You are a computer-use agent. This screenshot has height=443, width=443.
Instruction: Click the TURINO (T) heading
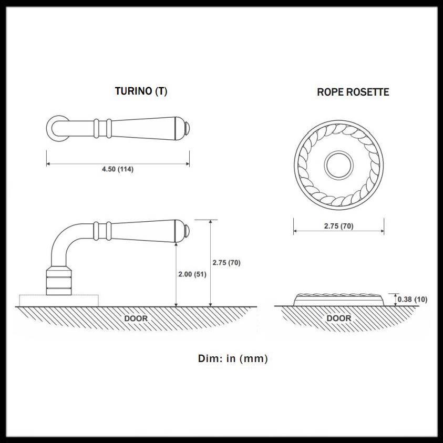coord(141,91)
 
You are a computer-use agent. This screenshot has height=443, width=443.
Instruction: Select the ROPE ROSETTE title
coord(353,92)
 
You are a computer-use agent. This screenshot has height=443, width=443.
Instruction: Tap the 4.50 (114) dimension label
coord(118,169)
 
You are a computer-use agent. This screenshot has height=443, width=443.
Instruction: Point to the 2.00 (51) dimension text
coord(192,274)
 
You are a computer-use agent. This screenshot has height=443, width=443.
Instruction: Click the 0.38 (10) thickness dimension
coord(413,299)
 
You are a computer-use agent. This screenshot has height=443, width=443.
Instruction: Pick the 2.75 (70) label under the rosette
coord(339,226)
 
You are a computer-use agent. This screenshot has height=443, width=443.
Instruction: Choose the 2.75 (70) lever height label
coord(226,262)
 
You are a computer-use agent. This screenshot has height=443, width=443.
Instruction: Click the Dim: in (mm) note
coord(233,358)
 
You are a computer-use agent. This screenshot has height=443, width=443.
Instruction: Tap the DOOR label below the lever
coord(136,318)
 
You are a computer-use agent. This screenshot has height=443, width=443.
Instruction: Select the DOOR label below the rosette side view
coord(339,318)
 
